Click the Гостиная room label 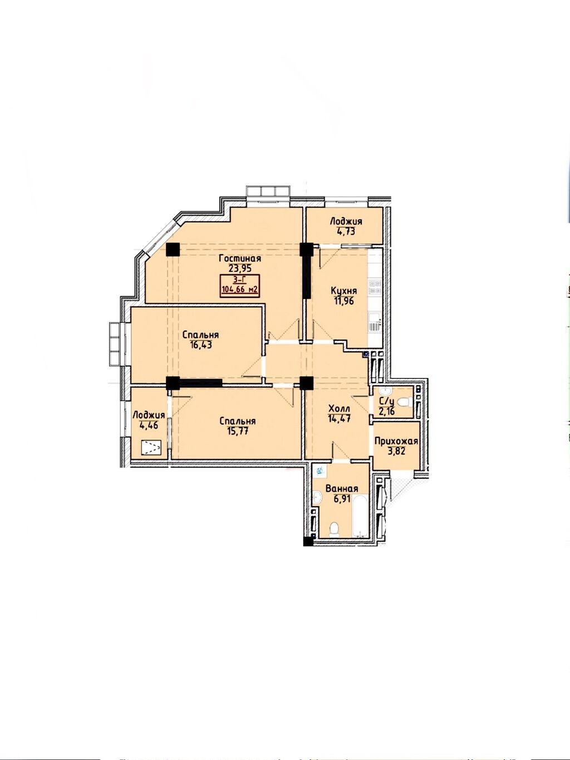pyautogui.click(x=240, y=259)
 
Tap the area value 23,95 pyautogui.click(x=240, y=268)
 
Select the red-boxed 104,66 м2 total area pyautogui.click(x=240, y=290)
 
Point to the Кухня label pyautogui.click(x=343, y=291)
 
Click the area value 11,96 pyautogui.click(x=343, y=301)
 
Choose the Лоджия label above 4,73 pyautogui.click(x=346, y=222)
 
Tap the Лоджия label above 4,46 pyautogui.click(x=149, y=415)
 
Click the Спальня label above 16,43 pyautogui.click(x=200, y=335)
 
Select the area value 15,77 pyautogui.click(x=238, y=431)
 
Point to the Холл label pyautogui.click(x=339, y=409)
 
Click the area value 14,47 pyautogui.click(x=339, y=418)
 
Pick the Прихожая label pyautogui.click(x=396, y=442)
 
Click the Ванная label pyautogui.click(x=342, y=488)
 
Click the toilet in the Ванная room pyautogui.click(x=334, y=529)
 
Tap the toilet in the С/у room pyautogui.click(x=403, y=402)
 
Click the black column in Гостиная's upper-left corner pyautogui.click(x=173, y=249)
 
